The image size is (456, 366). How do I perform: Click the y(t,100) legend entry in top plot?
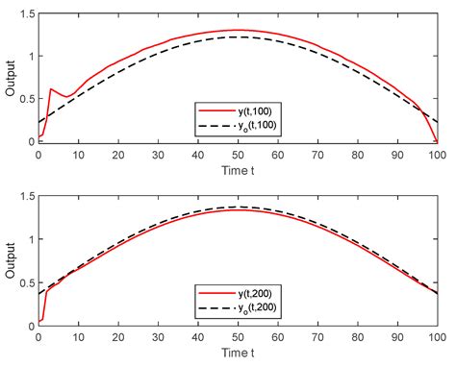pyautogui.click(x=241, y=110)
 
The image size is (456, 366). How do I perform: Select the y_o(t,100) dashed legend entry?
pyautogui.click(x=241, y=126)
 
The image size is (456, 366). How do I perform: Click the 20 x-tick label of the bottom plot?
pyautogui.click(x=118, y=334)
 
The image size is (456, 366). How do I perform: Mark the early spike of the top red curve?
pyautogui.click(x=50, y=89)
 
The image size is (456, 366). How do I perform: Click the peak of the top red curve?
pyautogui.click(x=239, y=30)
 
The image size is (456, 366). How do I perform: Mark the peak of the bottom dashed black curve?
pyautogui.click(x=239, y=207)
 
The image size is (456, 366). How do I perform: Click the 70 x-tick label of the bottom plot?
pyautogui.click(x=318, y=334)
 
